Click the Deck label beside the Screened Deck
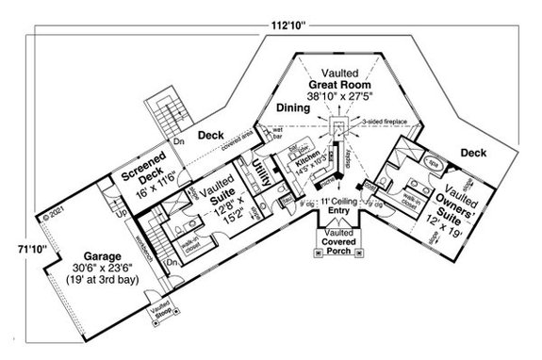211,134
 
